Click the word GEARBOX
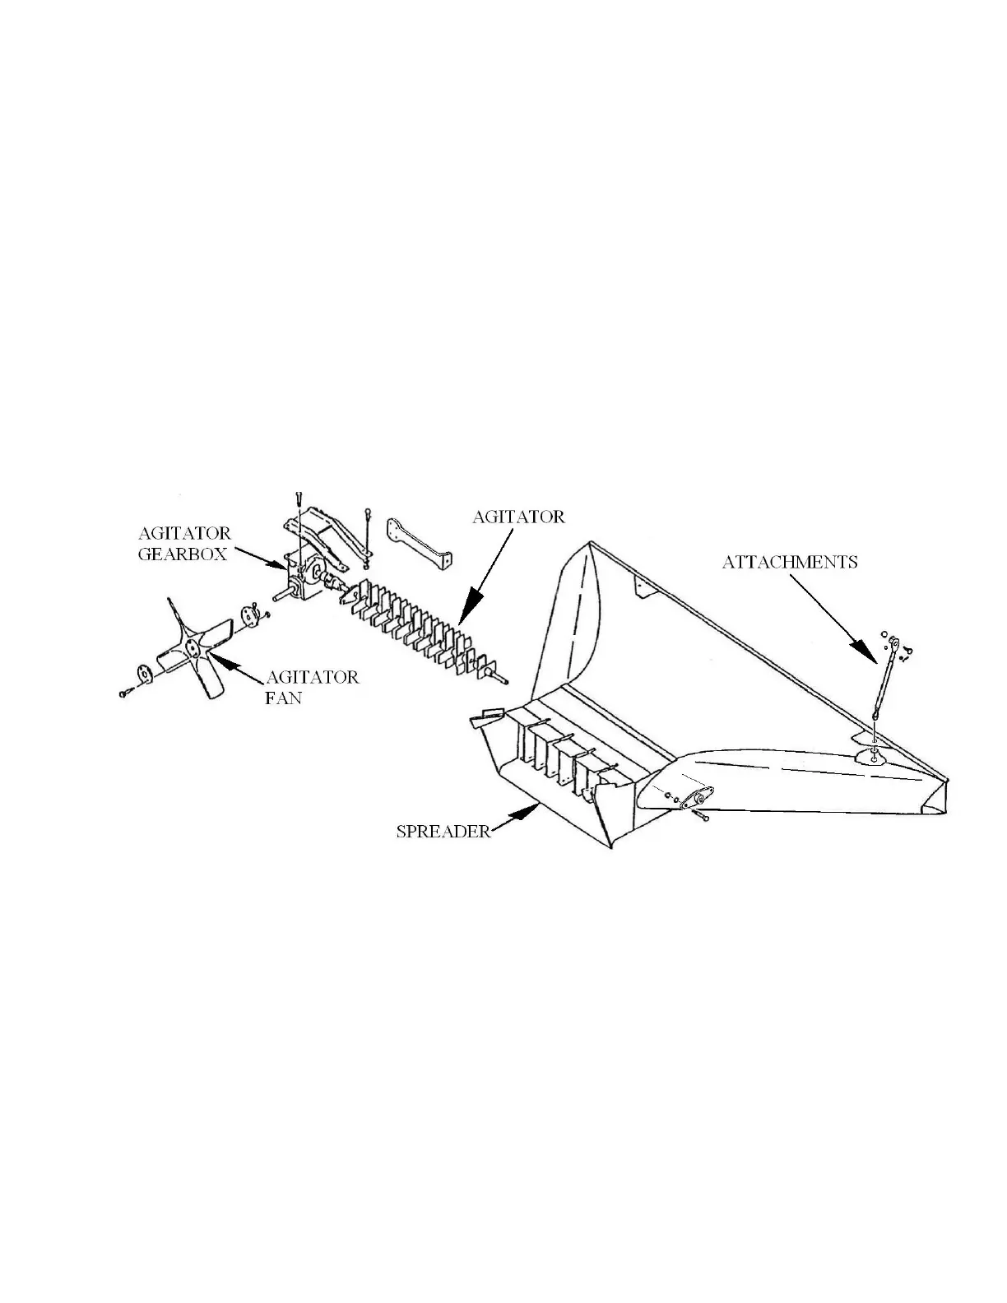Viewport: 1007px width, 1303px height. (182, 554)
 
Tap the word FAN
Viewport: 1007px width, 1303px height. (283, 698)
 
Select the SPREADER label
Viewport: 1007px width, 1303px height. (443, 831)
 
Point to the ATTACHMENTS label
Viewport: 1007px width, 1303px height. (790, 563)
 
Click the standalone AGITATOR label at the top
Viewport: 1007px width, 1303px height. (518, 517)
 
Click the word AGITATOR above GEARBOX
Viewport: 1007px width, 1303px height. (184, 533)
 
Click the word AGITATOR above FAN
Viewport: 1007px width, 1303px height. (312, 678)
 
